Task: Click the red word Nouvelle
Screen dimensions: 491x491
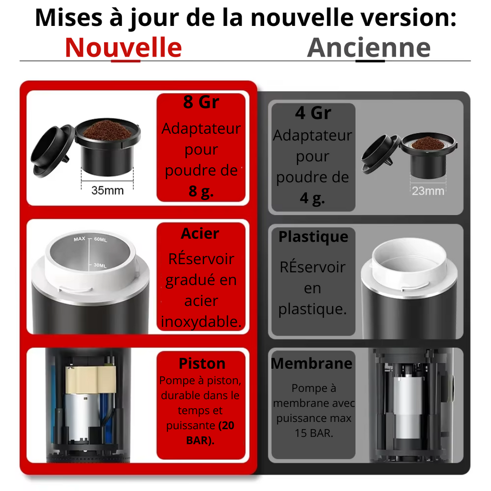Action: [x=123, y=47]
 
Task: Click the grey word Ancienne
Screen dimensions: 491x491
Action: [x=369, y=47]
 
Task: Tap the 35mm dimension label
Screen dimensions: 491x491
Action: [x=107, y=190]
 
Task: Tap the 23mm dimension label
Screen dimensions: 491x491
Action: [x=428, y=191]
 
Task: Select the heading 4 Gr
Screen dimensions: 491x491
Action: [x=313, y=113]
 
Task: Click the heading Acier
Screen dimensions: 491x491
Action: [x=200, y=234]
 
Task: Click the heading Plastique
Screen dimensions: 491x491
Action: [x=313, y=237]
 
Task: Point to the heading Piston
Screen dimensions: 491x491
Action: [x=202, y=363]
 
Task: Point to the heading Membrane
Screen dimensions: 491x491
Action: [x=312, y=363]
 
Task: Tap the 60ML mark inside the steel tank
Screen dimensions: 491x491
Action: [x=101, y=240]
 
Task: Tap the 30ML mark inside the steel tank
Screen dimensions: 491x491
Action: [x=100, y=266]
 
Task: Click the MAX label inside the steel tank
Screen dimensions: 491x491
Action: [x=80, y=239]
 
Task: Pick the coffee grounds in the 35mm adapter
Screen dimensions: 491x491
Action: [x=107, y=130]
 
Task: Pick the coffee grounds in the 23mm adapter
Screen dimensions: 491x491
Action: [x=428, y=143]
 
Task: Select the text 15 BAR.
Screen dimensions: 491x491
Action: [x=314, y=433]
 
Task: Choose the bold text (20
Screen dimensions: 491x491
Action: [x=226, y=425]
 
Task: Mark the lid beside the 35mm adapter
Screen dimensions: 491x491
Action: [x=53, y=151]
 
